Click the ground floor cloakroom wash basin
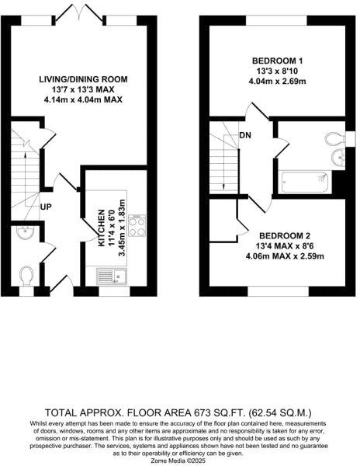point(26,233)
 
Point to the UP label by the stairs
point(47,207)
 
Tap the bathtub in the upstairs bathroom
point(305,183)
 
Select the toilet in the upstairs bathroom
point(335,140)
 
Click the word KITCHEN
point(101,228)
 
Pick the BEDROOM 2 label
point(284,235)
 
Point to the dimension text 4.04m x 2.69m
point(277,82)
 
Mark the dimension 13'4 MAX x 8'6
point(284,245)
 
